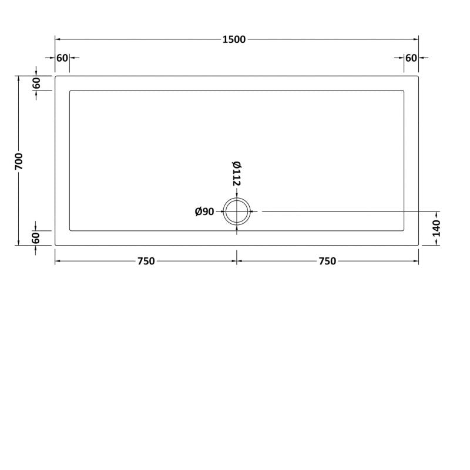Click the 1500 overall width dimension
click(234, 39)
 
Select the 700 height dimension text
click(19, 161)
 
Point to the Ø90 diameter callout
click(204, 211)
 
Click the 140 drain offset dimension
click(437, 227)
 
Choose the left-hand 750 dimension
click(146, 261)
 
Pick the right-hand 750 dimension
click(327, 261)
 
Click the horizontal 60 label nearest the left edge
click(62, 58)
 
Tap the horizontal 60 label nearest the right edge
click(411, 58)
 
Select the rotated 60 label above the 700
click(36, 83)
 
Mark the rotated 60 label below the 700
click(36, 238)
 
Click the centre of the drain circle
click(237, 211)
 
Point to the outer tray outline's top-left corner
click(55, 76)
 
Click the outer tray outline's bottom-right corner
click(418, 245)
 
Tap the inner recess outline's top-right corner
click(404, 90)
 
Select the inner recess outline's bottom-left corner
click(70, 231)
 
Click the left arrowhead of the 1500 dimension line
click(57, 39)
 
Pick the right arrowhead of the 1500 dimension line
click(417, 39)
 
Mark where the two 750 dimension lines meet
click(237, 261)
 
